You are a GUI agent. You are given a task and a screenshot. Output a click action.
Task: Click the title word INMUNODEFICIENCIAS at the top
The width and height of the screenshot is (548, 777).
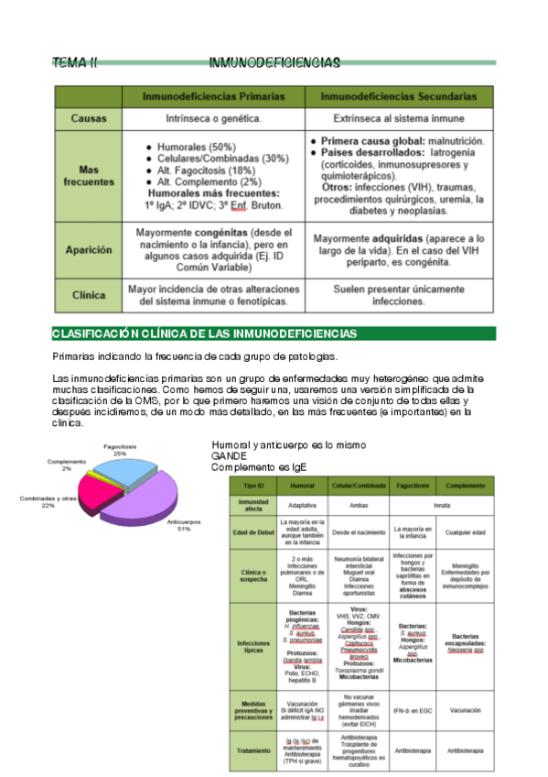point(274,63)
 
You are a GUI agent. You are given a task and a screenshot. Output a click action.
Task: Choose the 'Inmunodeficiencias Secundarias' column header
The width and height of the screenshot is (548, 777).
point(399,97)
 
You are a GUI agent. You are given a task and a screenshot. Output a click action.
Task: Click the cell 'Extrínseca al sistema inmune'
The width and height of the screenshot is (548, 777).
point(399,118)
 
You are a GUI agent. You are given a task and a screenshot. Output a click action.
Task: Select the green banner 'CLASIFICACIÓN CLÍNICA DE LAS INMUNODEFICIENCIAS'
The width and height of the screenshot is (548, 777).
point(205,333)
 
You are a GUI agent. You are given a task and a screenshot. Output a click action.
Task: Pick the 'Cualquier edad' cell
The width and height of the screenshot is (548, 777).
point(465,531)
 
